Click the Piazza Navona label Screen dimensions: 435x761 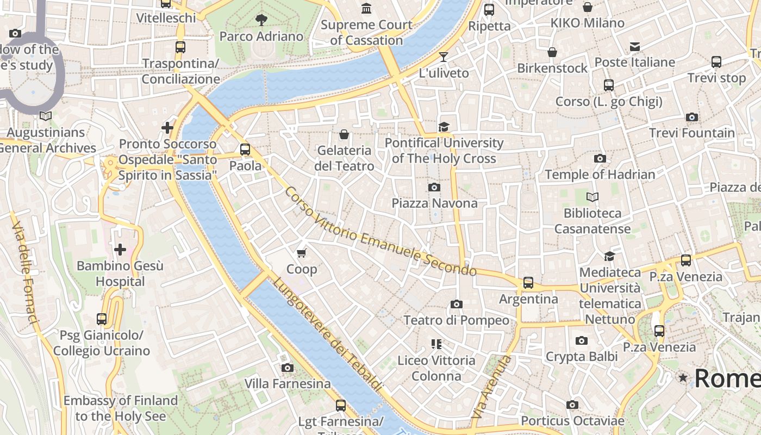pos(434,203)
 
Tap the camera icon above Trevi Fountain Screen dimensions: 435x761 pos(692,117)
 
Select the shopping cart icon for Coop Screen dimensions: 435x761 pos(302,253)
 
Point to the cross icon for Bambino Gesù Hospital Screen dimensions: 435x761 pos(120,250)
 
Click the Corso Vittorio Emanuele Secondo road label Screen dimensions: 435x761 pos(380,232)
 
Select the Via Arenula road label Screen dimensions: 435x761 pos(491,387)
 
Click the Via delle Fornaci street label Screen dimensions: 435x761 pos(25,274)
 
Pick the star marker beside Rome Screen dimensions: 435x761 pos(683,377)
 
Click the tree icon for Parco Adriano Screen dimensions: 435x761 pos(261,20)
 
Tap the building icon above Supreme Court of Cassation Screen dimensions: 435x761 pos(366,9)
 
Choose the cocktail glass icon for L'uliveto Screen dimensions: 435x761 pos(444,57)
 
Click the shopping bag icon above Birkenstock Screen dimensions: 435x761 pos(552,52)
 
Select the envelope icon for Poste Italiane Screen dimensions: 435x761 pos(635,47)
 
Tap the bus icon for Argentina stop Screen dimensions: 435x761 pos(528,283)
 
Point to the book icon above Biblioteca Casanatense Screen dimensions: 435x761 pos(592,197)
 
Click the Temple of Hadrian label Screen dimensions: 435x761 pos(600,175)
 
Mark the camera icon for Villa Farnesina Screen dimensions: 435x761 pos(288,368)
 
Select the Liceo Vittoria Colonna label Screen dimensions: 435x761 pos(436,368)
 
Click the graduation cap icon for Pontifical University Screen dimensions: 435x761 pos(444,127)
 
